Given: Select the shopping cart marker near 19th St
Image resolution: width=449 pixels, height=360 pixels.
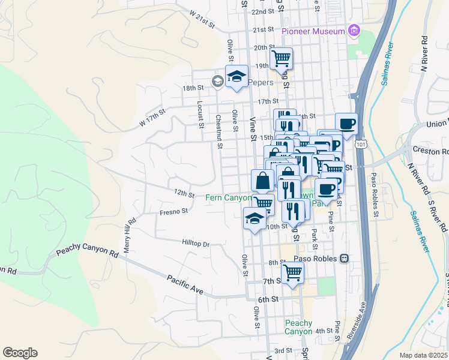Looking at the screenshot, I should pyautogui.click(x=281, y=59).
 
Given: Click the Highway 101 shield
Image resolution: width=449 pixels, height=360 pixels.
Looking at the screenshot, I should pyautogui.click(x=360, y=145).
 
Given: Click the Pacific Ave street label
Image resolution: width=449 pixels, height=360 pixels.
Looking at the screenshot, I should pyautogui.click(x=185, y=284).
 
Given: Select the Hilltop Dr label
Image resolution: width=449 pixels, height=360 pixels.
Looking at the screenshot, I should pyautogui.click(x=196, y=244).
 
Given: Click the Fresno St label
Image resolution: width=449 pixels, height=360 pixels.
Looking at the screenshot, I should pyautogui.click(x=174, y=211).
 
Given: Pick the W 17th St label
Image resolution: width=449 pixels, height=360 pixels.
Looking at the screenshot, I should pyautogui.click(x=152, y=116).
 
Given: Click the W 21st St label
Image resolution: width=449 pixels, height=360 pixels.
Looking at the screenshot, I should pyautogui.click(x=202, y=19).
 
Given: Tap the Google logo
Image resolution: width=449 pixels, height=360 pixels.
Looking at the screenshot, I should pyautogui.click(x=20, y=353).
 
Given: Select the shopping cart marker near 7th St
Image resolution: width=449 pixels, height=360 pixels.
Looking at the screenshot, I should pyautogui.click(x=292, y=273).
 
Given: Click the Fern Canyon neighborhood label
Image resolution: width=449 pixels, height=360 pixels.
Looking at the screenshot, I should pyautogui.click(x=229, y=197).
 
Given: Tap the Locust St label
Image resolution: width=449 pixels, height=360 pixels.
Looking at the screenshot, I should pyautogui.click(x=200, y=110).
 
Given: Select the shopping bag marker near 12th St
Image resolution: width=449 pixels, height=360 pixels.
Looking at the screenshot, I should pyautogui.click(x=263, y=180).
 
